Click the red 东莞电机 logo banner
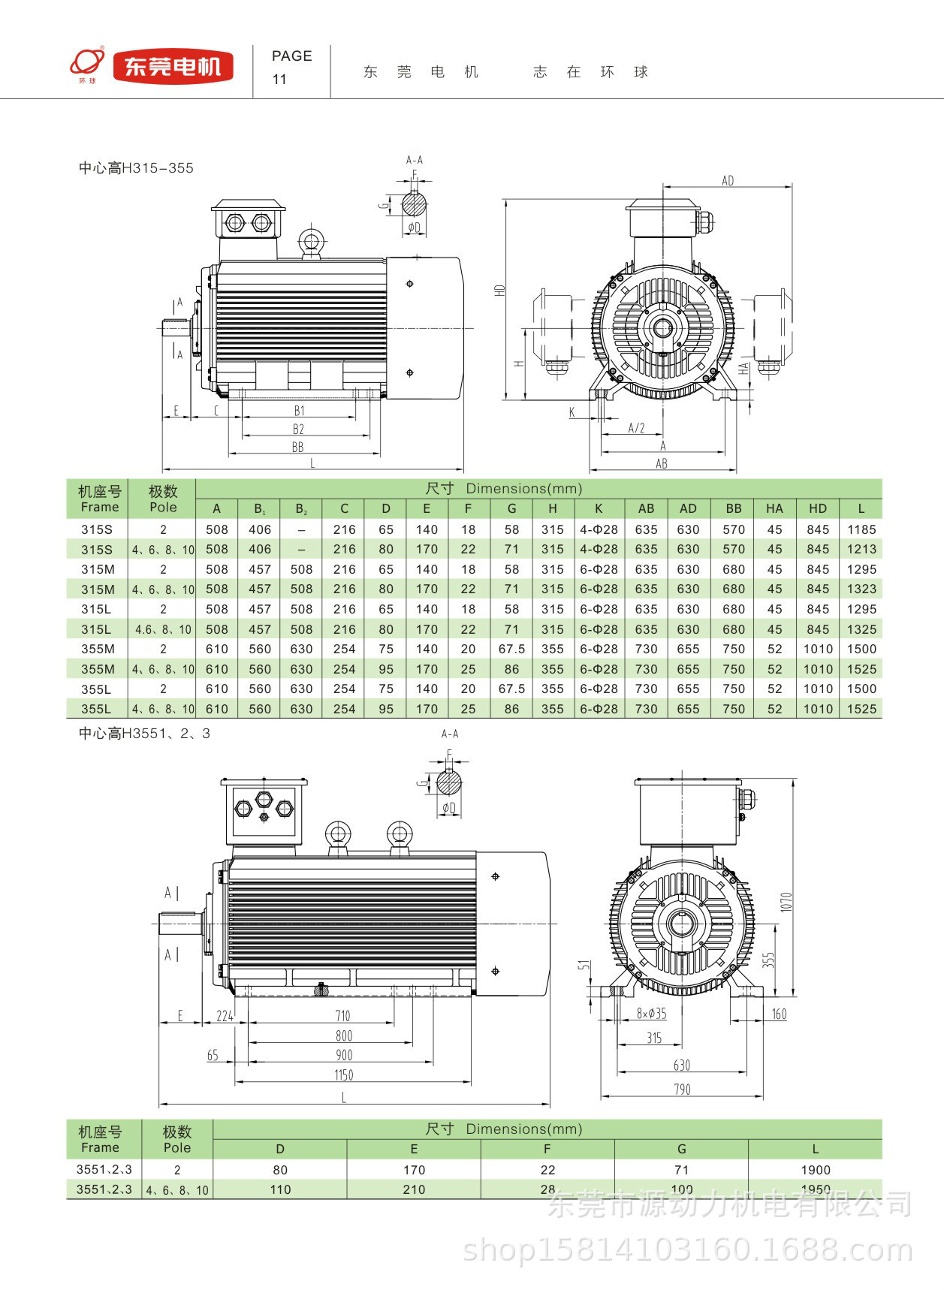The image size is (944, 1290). (x=173, y=67)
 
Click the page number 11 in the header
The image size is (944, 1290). (x=279, y=79)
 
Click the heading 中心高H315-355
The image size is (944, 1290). (x=136, y=168)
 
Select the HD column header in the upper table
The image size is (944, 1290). (x=818, y=508)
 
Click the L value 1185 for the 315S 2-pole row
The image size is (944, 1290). (x=861, y=529)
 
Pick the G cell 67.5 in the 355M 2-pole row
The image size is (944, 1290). (x=511, y=649)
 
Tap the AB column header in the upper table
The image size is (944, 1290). (x=646, y=508)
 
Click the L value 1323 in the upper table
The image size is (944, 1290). (x=861, y=589)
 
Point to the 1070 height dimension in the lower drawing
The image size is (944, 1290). (x=786, y=902)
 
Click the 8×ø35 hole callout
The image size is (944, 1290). (x=651, y=1014)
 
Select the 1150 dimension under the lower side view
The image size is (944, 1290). (x=343, y=1075)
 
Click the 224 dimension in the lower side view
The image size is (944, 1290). (x=225, y=1016)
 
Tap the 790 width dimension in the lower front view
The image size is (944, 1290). (x=682, y=1089)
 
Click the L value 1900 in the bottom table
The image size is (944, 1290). (x=816, y=1170)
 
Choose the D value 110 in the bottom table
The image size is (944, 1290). (x=280, y=1189)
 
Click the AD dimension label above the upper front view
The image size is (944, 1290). (x=728, y=180)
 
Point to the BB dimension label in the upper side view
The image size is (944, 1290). (x=297, y=448)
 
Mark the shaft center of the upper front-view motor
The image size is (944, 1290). (x=663, y=328)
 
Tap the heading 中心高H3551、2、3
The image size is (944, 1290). (x=144, y=734)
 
